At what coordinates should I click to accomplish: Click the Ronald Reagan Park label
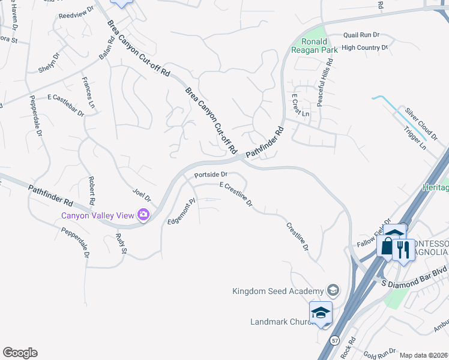point(319,45)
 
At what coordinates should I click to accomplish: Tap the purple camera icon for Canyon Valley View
point(143,214)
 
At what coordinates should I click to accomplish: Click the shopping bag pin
point(386,247)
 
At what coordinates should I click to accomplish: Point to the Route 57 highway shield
point(333,340)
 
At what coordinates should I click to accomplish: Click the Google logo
point(20,353)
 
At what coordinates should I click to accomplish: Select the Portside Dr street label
point(209,175)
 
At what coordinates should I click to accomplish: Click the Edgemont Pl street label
point(180,212)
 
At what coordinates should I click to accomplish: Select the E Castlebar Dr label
point(65,104)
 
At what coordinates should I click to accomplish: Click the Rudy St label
point(120,242)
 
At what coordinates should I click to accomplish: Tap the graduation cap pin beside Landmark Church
point(321,313)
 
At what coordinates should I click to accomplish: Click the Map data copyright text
point(423,355)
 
